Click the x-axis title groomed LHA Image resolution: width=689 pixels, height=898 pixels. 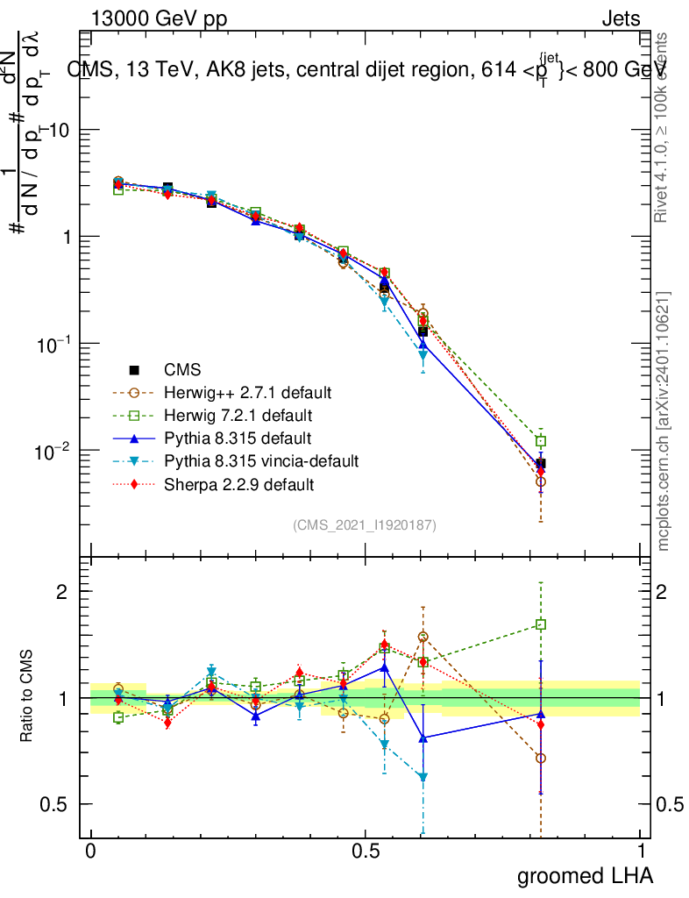[x=586, y=876]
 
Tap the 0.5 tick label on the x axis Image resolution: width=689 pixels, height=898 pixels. [x=366, y=852]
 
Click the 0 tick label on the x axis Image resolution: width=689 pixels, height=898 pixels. [x=91, y=852]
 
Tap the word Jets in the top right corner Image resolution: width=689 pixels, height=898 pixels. [x=621, y=19]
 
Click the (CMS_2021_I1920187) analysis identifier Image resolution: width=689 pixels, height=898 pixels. [x=365, y=524]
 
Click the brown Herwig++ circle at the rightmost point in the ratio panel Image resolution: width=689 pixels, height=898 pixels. [x=541, y=759]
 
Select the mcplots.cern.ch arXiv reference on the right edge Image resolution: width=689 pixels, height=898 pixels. [x=664, y=421]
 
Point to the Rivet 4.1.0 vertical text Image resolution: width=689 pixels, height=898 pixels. [x=664, y=127]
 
